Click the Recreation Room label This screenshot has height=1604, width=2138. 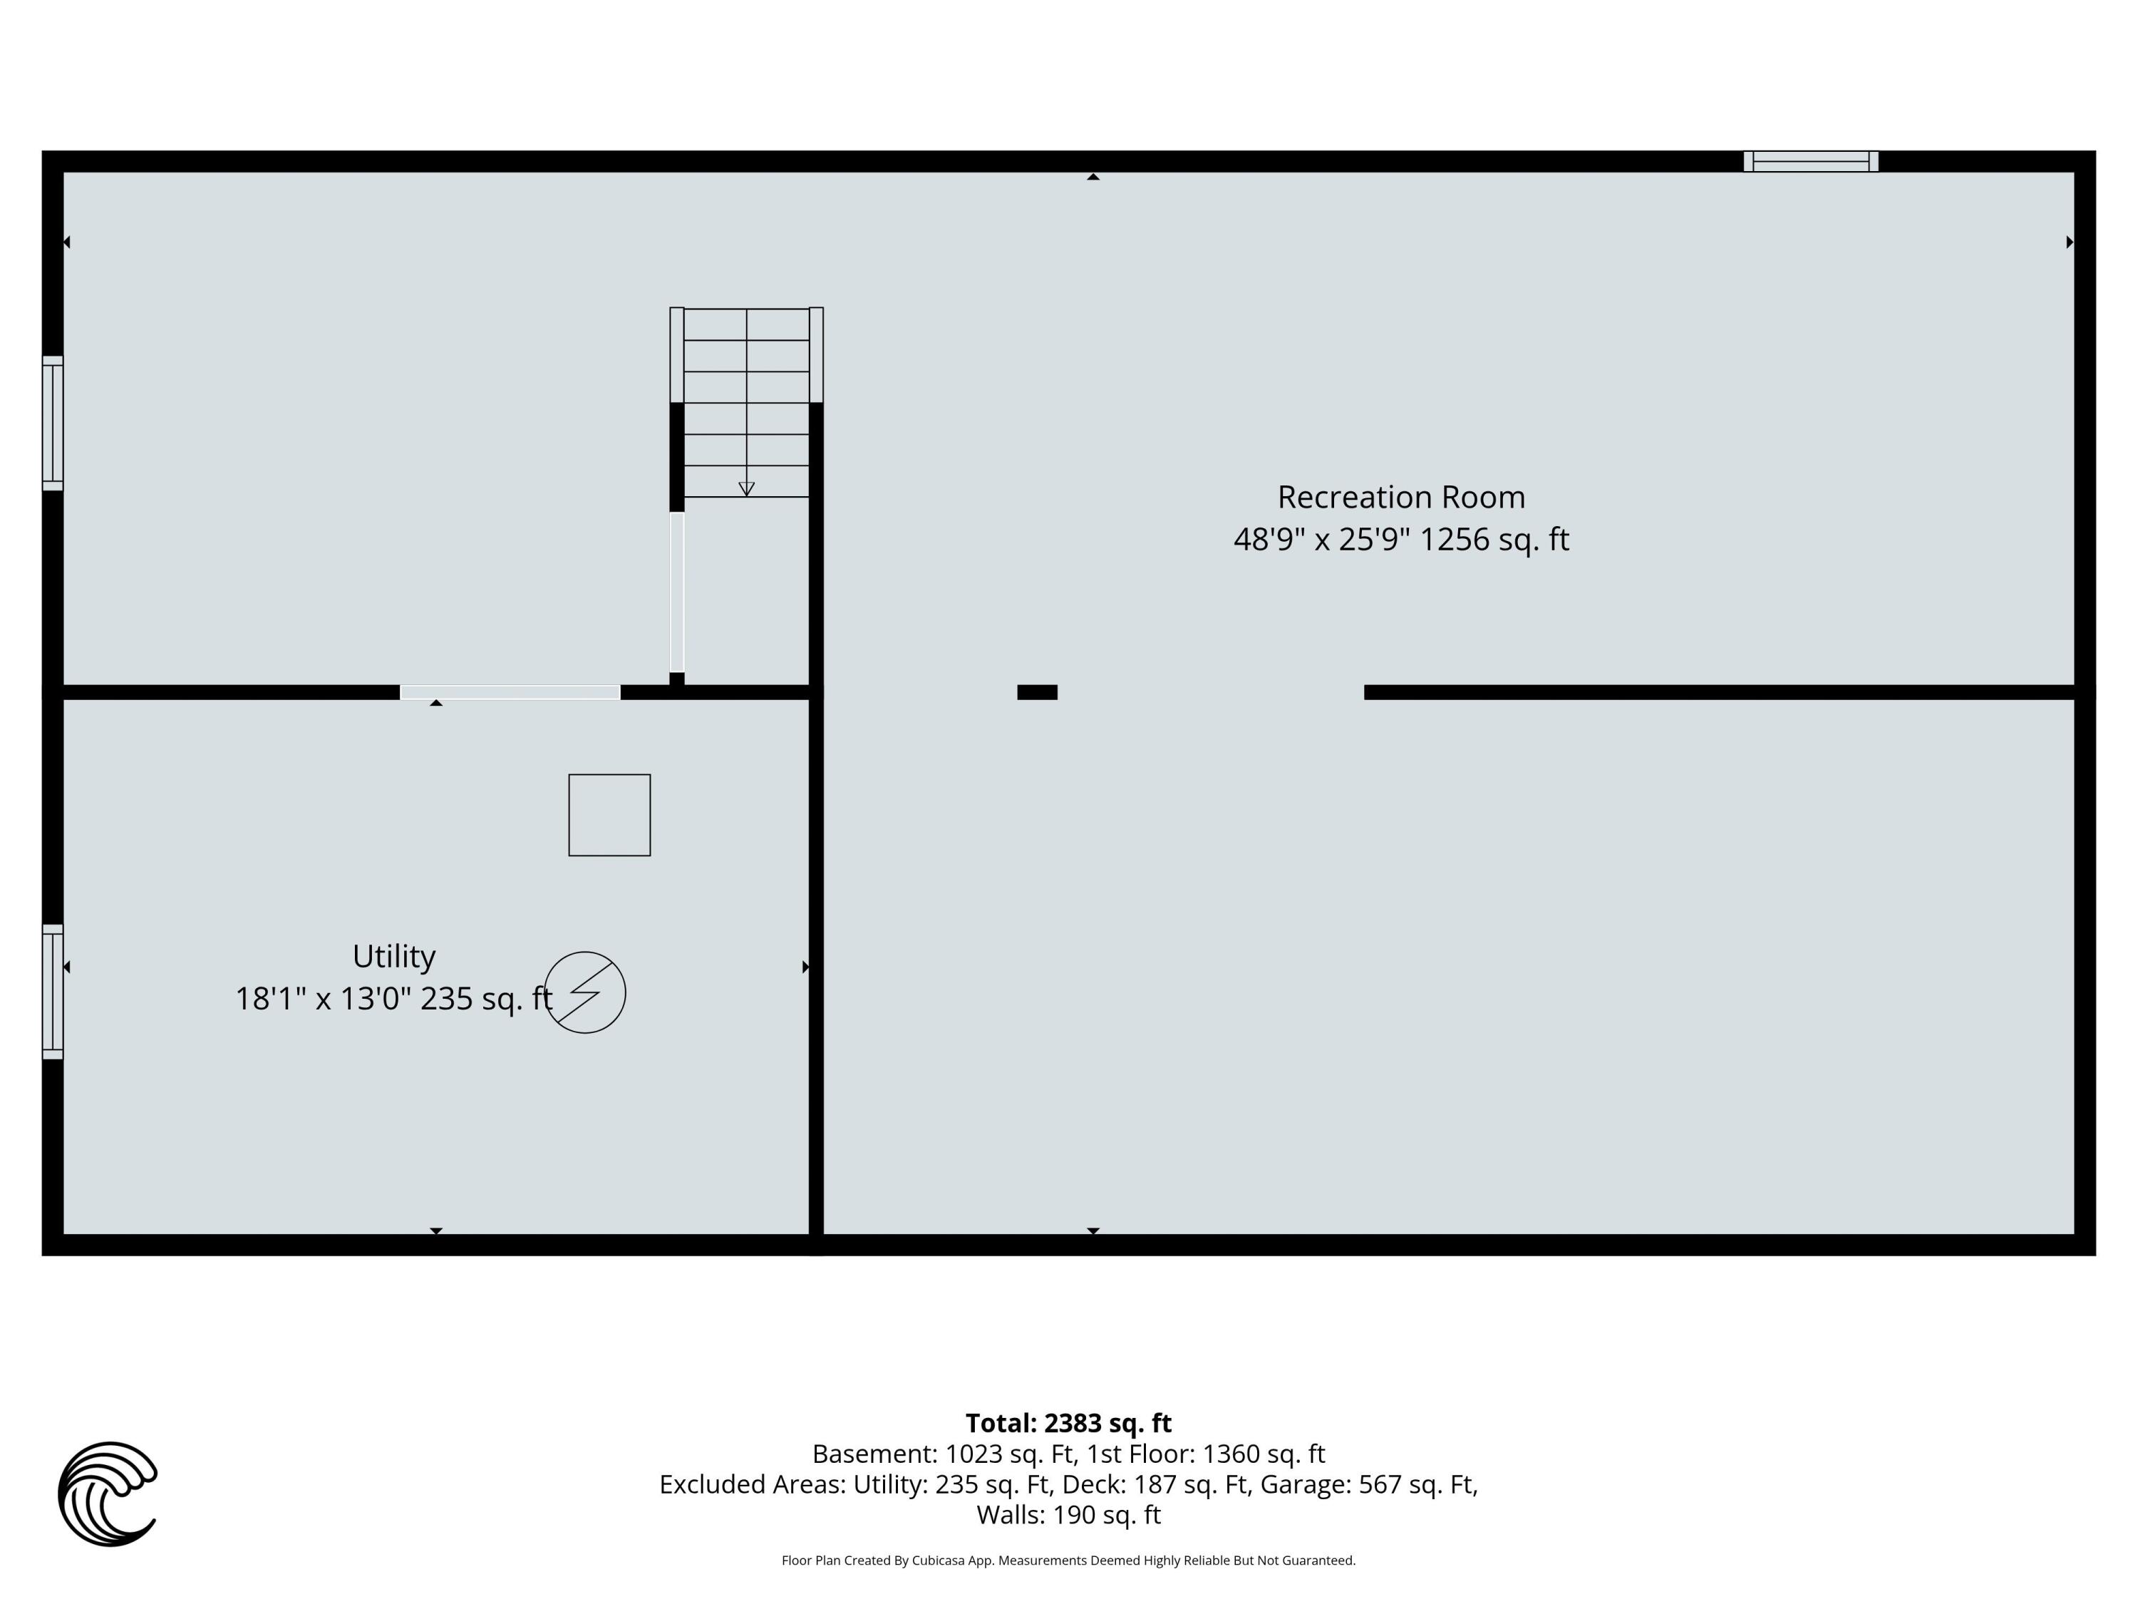click(1400, 497)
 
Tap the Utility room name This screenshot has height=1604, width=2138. click(393, 956)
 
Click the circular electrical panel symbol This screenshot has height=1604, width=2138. click(585, 993)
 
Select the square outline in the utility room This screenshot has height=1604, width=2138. click(609, 815)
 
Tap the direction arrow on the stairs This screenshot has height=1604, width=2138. click(746, 488)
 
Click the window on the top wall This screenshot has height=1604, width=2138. click(1810, 161)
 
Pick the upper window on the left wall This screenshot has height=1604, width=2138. click(52, 423)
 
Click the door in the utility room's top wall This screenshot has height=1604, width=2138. click(510, 692)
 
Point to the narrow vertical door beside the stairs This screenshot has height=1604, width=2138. click(676, 592)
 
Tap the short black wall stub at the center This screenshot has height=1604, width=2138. click(1037, 692)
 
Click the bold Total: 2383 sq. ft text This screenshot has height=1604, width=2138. click(1068, 1423)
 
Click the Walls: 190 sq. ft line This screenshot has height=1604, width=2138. click(1068, 1515)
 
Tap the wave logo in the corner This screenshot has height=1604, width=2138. click(108, 1494)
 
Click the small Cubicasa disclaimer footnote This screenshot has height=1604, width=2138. click(1068, 1561)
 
